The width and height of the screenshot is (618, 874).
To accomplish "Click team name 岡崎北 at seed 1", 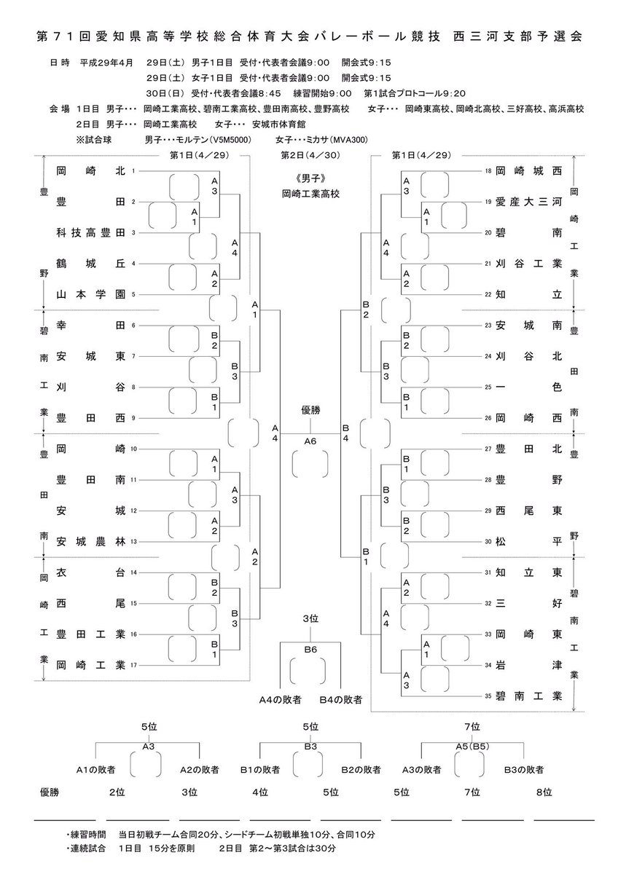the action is [90, 171].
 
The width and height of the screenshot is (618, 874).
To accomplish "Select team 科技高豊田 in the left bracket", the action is [90, 233].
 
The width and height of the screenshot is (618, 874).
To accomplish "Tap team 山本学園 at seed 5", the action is [90, 294].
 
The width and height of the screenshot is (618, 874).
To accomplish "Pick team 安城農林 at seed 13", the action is [90, 542].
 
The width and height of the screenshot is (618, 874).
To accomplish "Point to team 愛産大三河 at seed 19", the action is [528, 202].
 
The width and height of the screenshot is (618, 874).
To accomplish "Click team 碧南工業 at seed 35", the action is [528, 696].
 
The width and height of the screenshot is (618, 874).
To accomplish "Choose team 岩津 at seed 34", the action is [528, 665].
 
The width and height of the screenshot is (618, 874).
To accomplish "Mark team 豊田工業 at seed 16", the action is [90, 634].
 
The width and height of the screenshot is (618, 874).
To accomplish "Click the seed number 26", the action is [488, 418].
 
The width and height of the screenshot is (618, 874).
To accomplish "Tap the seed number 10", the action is [133, 449].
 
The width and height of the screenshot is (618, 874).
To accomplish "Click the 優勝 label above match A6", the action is [310, 410].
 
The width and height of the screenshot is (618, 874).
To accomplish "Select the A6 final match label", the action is [310, 441].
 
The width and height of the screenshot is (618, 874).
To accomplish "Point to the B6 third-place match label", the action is [310, 650].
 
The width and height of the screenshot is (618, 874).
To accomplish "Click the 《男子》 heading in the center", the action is [310, 178].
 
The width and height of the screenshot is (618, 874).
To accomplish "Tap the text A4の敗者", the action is [281, 700].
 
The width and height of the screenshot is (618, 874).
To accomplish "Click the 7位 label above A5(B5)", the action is [472, 727].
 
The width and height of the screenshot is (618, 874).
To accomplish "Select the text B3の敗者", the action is [523, 770].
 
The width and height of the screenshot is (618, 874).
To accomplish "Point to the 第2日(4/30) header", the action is [310, 155].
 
